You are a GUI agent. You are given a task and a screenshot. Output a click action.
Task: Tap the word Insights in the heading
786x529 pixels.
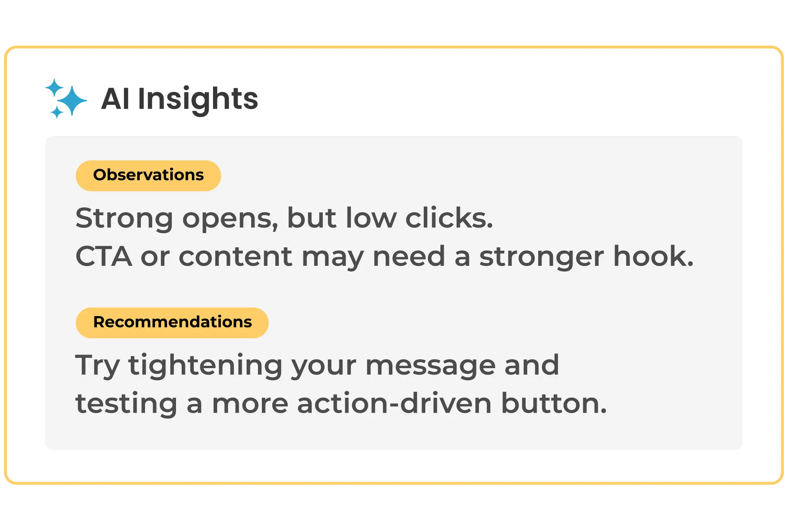coord(198,99)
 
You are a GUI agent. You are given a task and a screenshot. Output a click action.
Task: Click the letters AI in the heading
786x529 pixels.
coord(116,99)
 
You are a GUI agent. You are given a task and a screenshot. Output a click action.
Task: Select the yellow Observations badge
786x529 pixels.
coord(148,176)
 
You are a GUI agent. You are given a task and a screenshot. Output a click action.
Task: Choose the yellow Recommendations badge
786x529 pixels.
coord(172,323)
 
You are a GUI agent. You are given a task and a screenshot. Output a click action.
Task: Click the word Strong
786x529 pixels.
coord(124,218)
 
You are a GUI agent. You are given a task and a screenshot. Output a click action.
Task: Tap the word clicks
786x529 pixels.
coord(449,218)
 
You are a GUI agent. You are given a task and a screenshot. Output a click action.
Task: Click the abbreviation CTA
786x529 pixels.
coord(104,256)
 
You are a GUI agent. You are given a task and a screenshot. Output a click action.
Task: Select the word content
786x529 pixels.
coord(235,256)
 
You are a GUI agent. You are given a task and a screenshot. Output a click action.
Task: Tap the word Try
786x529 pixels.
coord(98,366)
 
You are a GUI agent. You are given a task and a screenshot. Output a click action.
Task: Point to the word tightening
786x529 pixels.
coord(205,366)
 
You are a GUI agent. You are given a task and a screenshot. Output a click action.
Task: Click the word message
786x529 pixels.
coord(430,366)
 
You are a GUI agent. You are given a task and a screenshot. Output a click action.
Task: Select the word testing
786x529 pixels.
coord(126,404)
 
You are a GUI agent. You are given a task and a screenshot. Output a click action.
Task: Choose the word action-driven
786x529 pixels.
coord(394,403)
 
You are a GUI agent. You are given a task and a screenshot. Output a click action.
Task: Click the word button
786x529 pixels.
coord(554,403)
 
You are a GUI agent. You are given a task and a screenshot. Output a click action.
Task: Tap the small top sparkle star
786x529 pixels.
coord(54,88)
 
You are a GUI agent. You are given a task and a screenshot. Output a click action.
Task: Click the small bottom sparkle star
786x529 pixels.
coord(57,112)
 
